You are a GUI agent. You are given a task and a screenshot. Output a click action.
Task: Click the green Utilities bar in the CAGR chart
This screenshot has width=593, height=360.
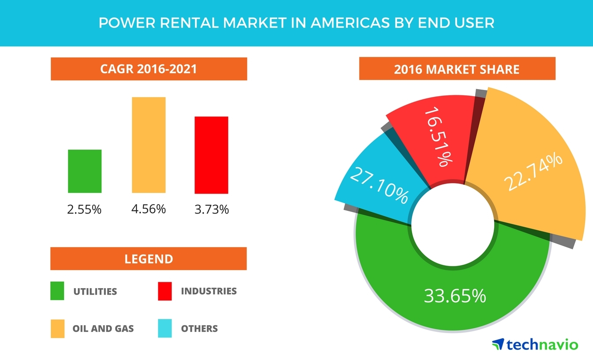(x=85, y=171)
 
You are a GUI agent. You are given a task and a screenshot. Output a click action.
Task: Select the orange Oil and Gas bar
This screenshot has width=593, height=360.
(x=149, y=145)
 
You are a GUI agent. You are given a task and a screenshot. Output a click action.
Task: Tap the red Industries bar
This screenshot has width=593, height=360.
(x=211, y=155)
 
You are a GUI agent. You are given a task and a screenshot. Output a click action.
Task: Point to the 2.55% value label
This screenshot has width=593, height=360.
(x=84, y=209)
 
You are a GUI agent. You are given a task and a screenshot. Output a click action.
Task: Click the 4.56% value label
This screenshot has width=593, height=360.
(x=148, y=208)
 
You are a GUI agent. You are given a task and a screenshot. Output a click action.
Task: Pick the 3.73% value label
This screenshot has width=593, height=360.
(x=212, y=209)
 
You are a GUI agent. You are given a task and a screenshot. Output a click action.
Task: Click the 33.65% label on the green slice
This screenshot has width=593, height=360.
(x=454, y=296)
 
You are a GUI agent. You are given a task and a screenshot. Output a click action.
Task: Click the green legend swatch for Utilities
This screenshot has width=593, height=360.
(x=57, y=291)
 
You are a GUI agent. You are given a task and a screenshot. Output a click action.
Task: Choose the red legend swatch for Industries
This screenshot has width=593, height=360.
(x=165, y=291)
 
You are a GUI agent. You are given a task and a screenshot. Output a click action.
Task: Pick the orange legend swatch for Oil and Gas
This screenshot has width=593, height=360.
(x=57, y=329)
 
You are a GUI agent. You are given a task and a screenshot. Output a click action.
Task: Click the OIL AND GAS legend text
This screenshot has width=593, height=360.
(x=103, y=329)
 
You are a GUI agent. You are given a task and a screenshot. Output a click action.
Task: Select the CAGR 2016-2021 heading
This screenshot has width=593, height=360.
(x=149, y=69)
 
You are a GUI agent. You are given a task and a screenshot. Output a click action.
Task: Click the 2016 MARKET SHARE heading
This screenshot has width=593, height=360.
(x=457, y=69)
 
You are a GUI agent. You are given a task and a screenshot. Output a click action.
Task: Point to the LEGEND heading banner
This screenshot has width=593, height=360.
(x=149, y=259)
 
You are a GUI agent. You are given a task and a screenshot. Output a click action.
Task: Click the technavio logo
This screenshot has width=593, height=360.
(x=534, y=344)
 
